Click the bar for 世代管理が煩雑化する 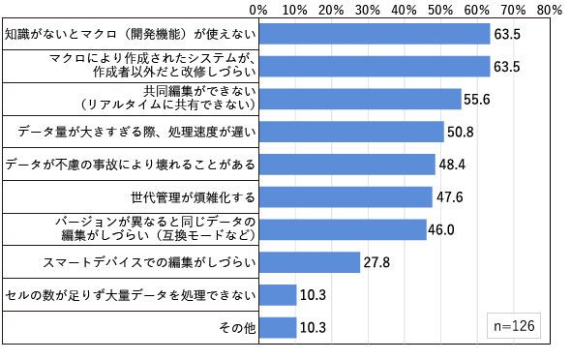pos(346,196)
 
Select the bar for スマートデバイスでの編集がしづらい pos(310,262)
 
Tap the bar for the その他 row pos(278,328)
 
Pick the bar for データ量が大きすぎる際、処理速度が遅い pos(351,132)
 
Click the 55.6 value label pos(477,100)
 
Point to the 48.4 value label pos(452,165)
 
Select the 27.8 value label pos(376,262)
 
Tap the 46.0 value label pos(441,229)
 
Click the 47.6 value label pos(450,196)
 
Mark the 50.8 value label pos(461,132)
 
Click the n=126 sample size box pos(514,325)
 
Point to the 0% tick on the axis pos(258,10)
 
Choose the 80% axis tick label pos(550,10)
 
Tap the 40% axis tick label pos(405,10)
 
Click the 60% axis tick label pos(477,10)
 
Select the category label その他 pos(237,328)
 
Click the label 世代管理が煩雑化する pos(193,197)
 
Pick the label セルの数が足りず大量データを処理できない pos(131,295)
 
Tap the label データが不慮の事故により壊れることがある pos(131,165)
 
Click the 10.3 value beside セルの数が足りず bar pos(313,295)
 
